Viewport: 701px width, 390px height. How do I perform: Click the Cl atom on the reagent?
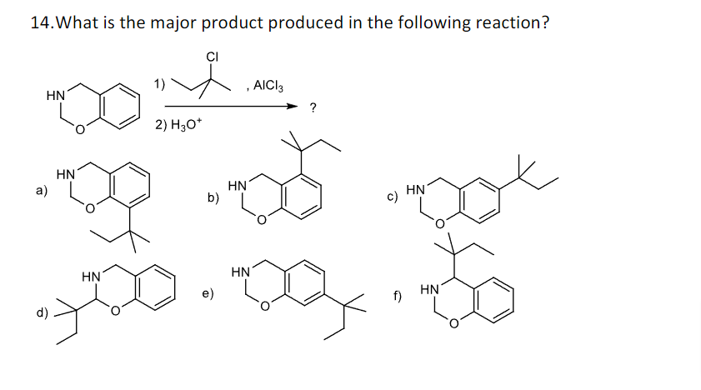(212, 57)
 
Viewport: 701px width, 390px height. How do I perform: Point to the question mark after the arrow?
(312, 107)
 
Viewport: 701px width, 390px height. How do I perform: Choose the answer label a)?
(40, 190)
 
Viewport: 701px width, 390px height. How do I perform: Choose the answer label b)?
(213, 197)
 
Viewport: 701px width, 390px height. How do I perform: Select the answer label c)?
(391, 197)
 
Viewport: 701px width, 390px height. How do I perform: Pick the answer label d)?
(40, 312)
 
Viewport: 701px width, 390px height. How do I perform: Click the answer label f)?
(398, 297)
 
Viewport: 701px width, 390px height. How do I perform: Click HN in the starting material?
(56, 97)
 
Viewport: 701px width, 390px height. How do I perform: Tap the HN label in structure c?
(416, 191)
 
